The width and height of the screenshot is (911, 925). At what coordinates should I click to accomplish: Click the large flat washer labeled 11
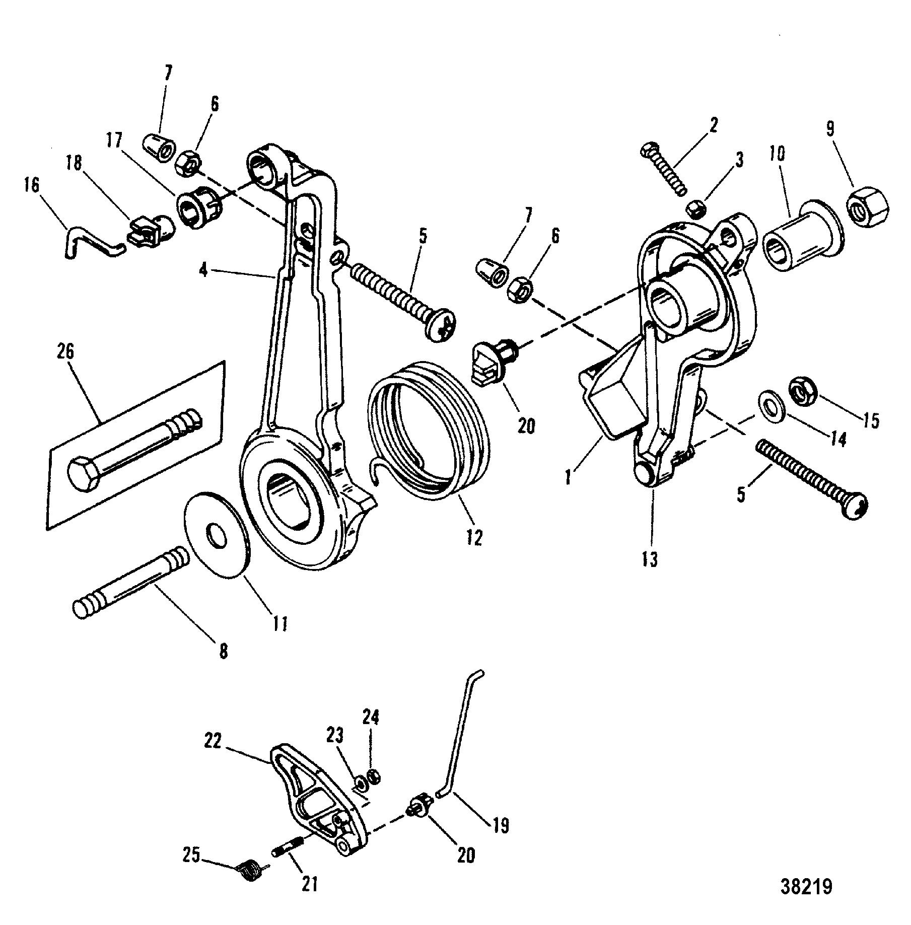pyautogui.click(x=218, y=535)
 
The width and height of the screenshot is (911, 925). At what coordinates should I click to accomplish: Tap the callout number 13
pyautogui.click(x=650, y=558)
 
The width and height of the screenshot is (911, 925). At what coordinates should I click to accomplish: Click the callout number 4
pyautogui.click(x=203, y=270)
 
